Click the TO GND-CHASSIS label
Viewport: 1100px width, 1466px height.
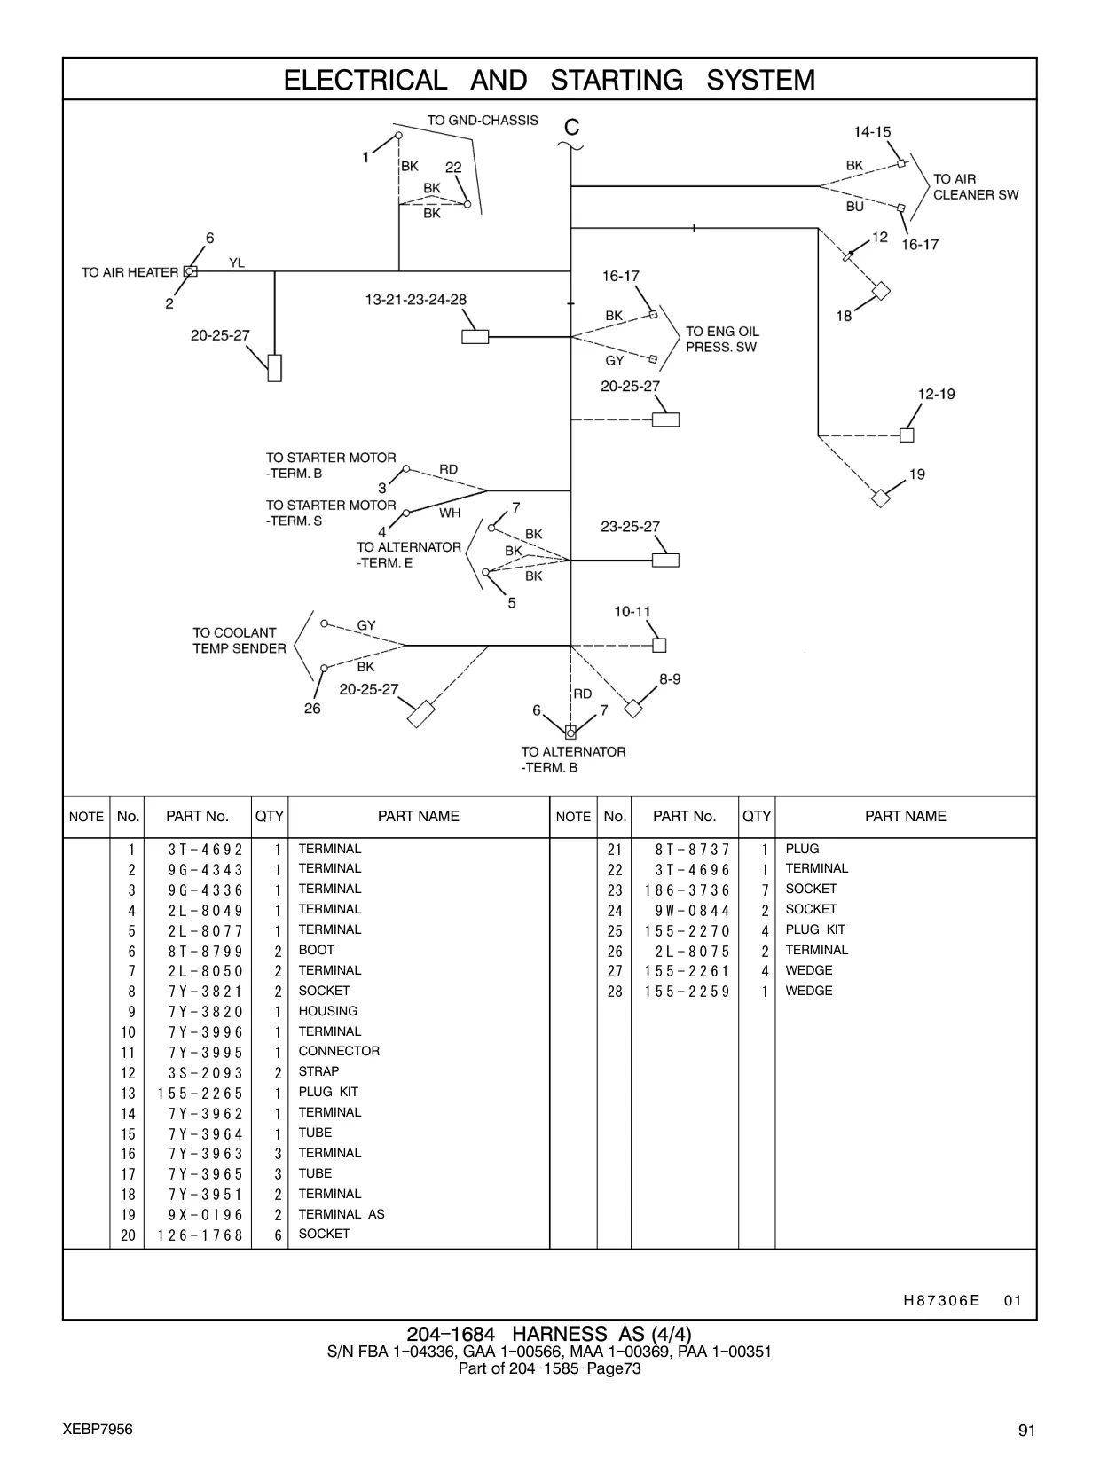coord(483,121)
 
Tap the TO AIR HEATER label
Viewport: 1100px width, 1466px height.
coord(130,272)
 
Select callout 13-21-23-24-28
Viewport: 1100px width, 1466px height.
coord(415,300)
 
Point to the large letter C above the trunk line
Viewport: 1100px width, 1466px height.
coord(571,127)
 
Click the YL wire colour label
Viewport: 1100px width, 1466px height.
coord(237,263)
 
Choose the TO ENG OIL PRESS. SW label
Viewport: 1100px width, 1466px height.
coord(722,340)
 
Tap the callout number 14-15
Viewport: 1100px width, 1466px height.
coord(872,132)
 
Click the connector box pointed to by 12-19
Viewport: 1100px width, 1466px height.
coord(907,435)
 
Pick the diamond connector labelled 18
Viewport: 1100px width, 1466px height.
coord(881,291)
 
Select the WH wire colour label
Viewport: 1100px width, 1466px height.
coord(450,513)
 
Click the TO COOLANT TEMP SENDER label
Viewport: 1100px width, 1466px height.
coord(240,640)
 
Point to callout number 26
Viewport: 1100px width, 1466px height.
coord(312,709)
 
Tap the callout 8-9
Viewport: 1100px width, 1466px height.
coord(670,679)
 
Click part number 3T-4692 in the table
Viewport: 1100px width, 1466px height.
coord(205,850)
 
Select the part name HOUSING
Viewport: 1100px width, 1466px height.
coord(328,1011)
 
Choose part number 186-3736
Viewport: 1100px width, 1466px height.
coord(687,890)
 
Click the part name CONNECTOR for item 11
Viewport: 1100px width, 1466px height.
coord(339,1051)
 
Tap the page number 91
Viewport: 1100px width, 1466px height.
coord(1026,1430)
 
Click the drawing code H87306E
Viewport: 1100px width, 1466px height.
coord(941,1300)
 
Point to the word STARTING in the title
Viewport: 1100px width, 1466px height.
coord(617,80)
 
